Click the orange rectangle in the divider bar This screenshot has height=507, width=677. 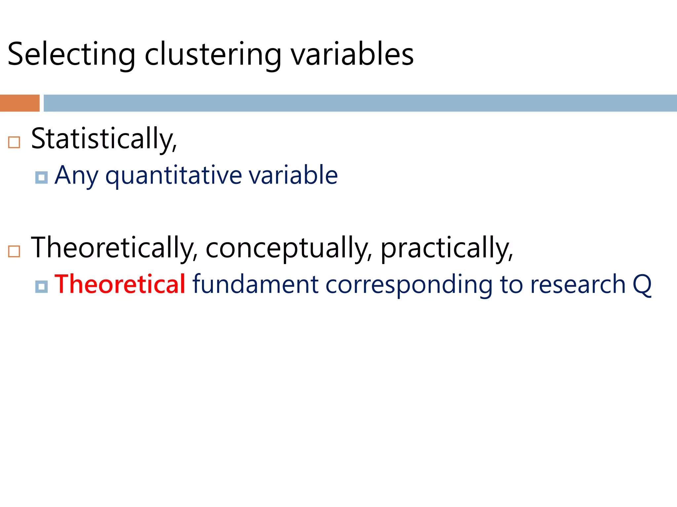click(20, 103)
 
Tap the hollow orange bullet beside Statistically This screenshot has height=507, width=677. click(14, 142)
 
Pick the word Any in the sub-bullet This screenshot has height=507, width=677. click(76, 175)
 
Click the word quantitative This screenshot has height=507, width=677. click(174, 175)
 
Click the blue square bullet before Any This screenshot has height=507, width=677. click(41, 178)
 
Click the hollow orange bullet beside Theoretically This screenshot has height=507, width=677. click(14, 252)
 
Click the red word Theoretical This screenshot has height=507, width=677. click(120, 284)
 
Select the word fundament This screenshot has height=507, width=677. click(255, 284)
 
